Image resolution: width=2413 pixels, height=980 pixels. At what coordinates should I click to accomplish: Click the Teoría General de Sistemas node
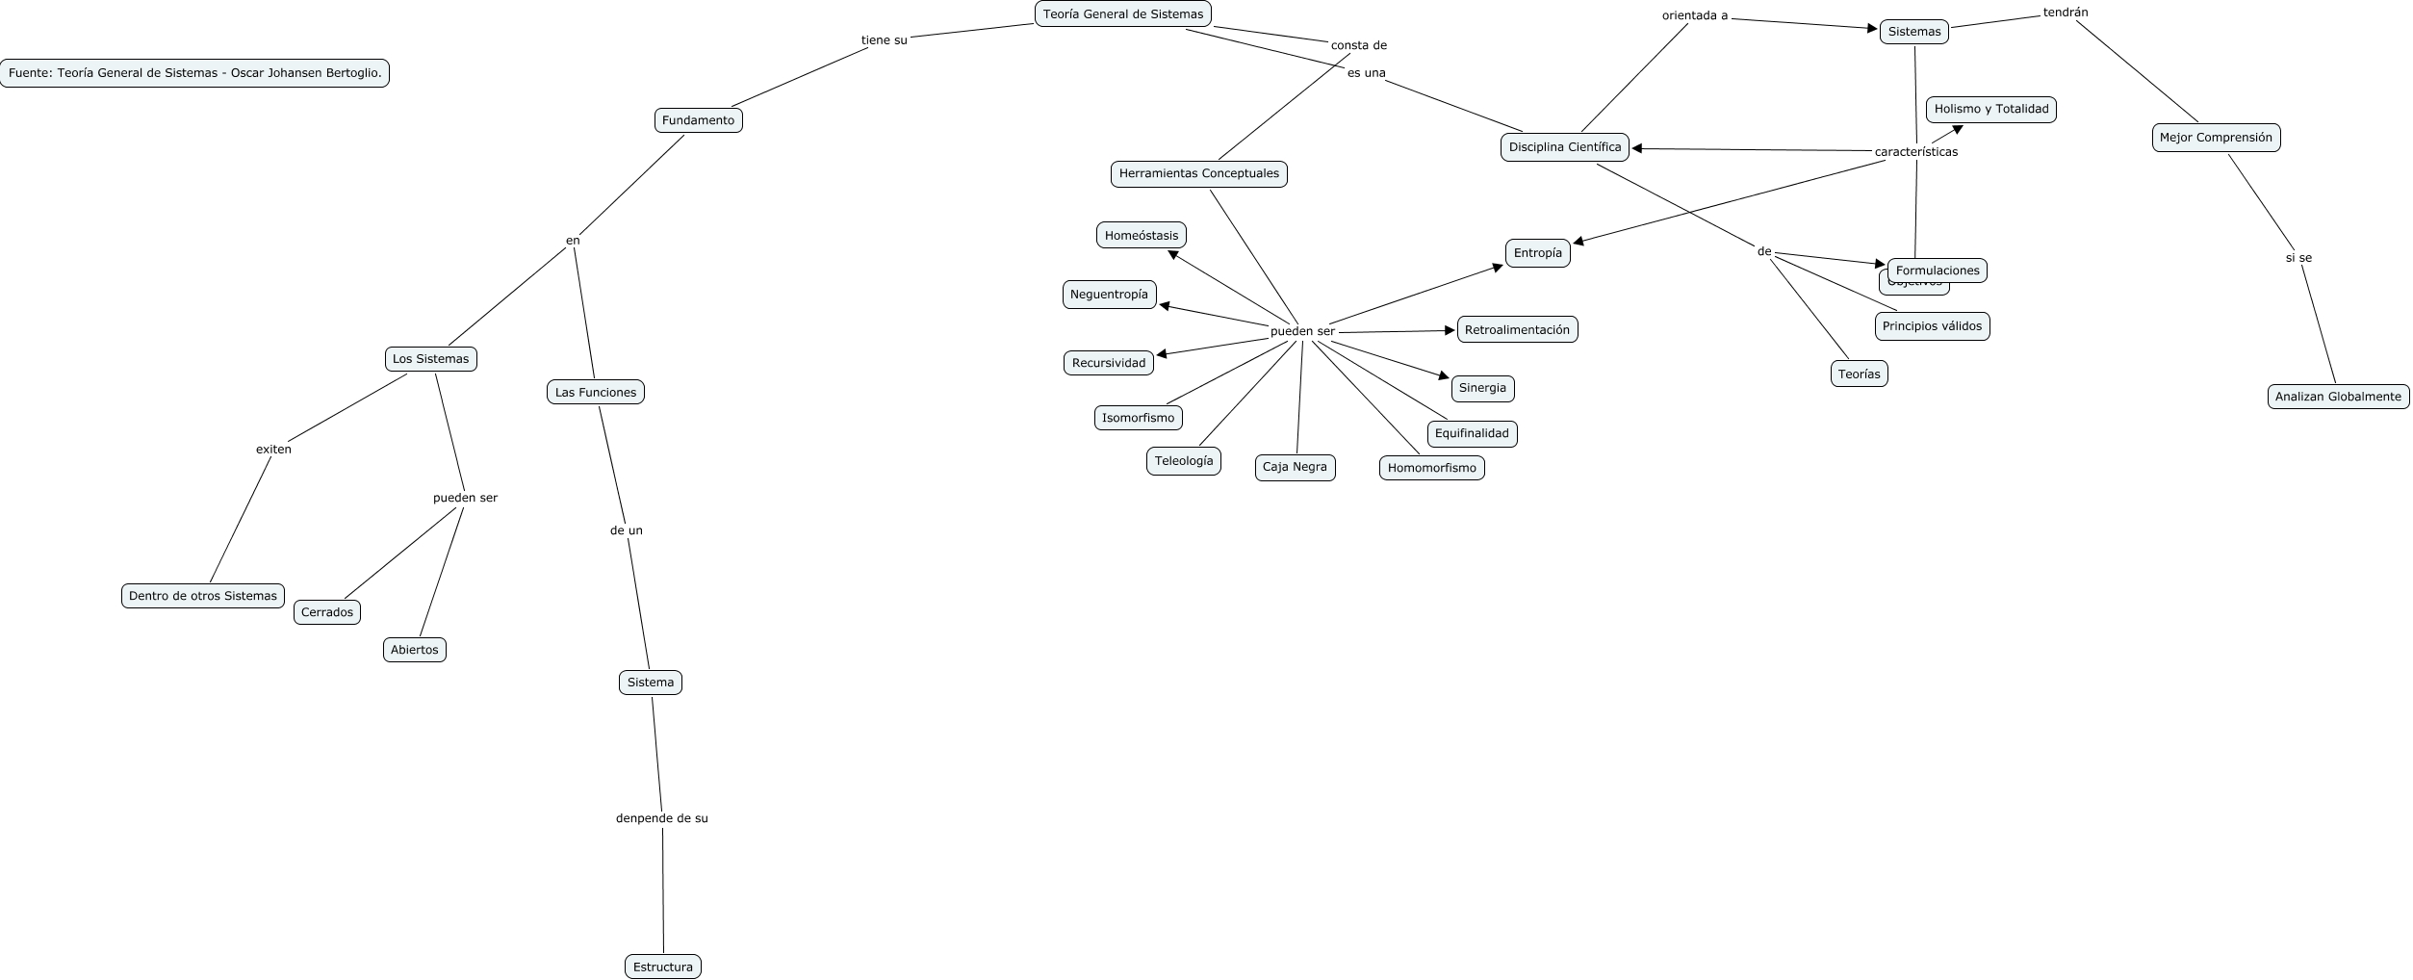(x=1122, y=14)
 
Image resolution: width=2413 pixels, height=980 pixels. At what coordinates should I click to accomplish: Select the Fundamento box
(x=698, y=120)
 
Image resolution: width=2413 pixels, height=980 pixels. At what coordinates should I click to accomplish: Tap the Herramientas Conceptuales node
(x=1198, y=174)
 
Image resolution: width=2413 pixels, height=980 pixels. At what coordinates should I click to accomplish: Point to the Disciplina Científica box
(x=1564, y=147)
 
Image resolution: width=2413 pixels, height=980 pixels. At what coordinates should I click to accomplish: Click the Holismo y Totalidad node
(x=1990, y=110)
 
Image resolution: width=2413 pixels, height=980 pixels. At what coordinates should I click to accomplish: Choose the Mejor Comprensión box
(x=2215, y=138)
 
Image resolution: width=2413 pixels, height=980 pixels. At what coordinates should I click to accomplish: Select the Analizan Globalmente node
(x=2337, y=397)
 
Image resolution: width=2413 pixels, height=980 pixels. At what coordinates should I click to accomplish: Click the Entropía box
(x=1537, y=253)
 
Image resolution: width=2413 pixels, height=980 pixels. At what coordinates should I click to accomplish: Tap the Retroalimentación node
(x=1516, y=330)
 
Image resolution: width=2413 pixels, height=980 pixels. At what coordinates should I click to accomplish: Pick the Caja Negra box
(x=1294, y=467)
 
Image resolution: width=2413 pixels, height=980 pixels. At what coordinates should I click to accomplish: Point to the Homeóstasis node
(x=1141, y=236)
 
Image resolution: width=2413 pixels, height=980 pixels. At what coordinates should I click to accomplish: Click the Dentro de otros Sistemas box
(x=202, y=596)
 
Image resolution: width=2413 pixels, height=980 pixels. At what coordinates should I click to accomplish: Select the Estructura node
(x=662, y=967)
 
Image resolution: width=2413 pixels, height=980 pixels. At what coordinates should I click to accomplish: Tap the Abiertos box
(x=414, y=650)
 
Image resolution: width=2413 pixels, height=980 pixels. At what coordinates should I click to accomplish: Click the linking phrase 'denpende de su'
(x=661, y=818)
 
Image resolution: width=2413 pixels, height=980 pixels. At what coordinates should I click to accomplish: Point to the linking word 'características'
(x=1915, y=152)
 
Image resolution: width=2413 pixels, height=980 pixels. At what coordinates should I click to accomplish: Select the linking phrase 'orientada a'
(x=1694, y=15)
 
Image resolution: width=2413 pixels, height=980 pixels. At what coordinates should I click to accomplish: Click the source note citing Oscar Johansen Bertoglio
(x=194, y=73)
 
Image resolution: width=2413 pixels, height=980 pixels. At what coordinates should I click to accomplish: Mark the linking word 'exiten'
(x=273, y=450)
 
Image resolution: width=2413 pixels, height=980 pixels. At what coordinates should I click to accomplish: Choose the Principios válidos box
(x=1931, y=326)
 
